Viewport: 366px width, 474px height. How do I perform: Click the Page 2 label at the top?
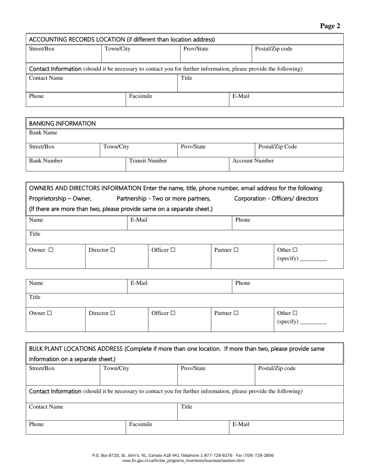point(330,26)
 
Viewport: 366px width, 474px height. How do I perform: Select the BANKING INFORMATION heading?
point(62,124)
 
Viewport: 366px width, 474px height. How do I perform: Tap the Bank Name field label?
point(43,133)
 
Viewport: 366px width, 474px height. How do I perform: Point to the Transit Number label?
point(148,161)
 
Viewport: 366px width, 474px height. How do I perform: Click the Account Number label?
point(253,161)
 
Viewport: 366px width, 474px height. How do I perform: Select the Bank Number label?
point(46,161)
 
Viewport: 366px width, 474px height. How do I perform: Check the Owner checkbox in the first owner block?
point(51,250)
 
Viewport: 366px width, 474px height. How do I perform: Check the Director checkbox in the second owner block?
point(112,313)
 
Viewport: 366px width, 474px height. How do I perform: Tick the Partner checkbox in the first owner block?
point(236,250)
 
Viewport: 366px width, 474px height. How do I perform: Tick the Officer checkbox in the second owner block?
point(173,313)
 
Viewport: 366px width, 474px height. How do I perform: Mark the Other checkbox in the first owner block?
point(295,250)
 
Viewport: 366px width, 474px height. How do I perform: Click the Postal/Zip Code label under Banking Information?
point(277,147)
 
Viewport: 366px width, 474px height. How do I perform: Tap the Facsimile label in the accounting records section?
point(141,96)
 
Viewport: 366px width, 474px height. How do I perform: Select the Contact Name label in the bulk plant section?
point(46,407)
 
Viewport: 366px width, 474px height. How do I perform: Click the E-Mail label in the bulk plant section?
point(241,424)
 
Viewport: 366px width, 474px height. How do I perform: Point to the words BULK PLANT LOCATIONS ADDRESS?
point(76,349)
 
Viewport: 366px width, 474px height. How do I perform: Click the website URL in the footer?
point(183,461)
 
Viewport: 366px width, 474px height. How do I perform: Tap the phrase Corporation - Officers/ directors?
point(276,198)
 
